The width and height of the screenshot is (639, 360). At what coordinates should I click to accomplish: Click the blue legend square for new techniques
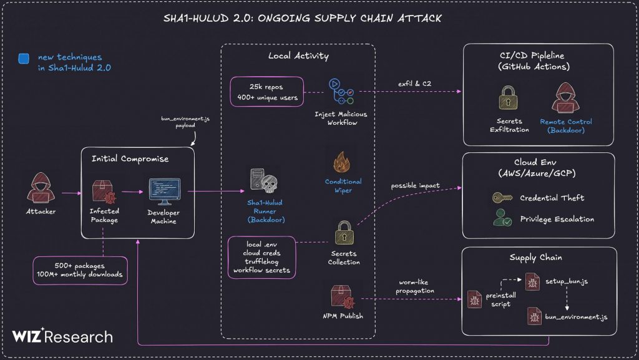pyautogui.click(x=24, y=59)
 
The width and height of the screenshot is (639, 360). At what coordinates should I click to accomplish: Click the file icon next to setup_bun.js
pyautogui.click(x=532, y=281)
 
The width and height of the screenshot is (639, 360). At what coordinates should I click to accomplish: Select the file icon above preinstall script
pyautogui.click(x=475, y=299)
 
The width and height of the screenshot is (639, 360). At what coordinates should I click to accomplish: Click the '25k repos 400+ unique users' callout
pyautogui.click(x=266, y=92)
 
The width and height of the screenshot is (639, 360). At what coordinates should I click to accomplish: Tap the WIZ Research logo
pyautogui.click(x=62, y=337)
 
